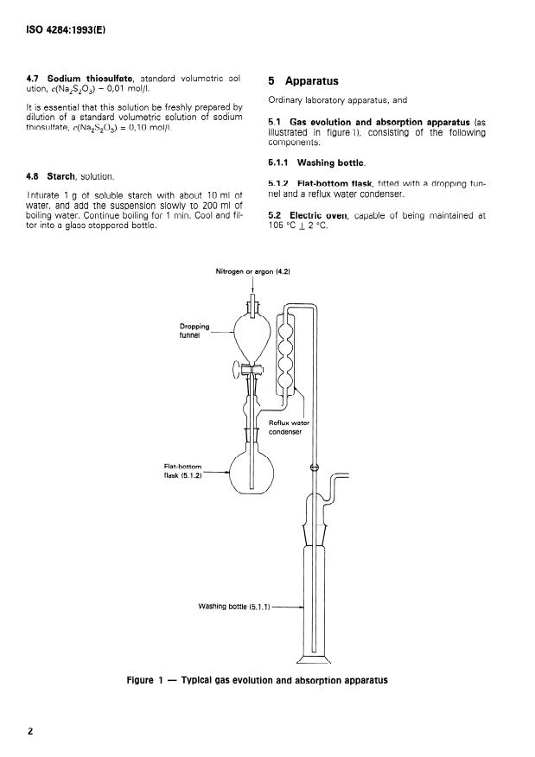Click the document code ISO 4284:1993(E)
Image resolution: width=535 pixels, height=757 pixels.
tap(66, 30)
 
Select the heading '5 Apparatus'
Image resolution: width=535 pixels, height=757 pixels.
tap(303, 81)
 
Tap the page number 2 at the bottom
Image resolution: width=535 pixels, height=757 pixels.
tap(30, 731)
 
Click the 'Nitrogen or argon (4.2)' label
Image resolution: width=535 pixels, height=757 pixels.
tap(252, 272)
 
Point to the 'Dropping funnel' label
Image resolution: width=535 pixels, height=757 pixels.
tap(194, 331)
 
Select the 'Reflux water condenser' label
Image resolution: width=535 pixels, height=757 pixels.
tap(289, 427)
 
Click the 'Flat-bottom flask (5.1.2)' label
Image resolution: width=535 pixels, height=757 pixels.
tap(183, 471)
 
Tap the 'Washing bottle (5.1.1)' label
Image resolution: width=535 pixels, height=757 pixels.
tap(234, 607)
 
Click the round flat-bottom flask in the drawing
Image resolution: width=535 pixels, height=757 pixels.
tap(252, 472)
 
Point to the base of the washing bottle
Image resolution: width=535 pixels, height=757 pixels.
tap(313, 659)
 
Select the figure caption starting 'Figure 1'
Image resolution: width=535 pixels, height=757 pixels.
tap(257, 680)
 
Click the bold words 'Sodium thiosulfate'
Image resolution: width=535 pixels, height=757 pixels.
tap(90, 79)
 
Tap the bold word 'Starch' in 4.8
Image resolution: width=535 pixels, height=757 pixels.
tap(61, 176)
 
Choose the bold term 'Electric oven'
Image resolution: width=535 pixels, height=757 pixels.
tap(318, 215)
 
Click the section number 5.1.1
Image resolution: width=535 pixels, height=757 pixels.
tap(278, 162)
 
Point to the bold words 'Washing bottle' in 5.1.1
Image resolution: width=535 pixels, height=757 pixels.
tap(330, 162)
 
